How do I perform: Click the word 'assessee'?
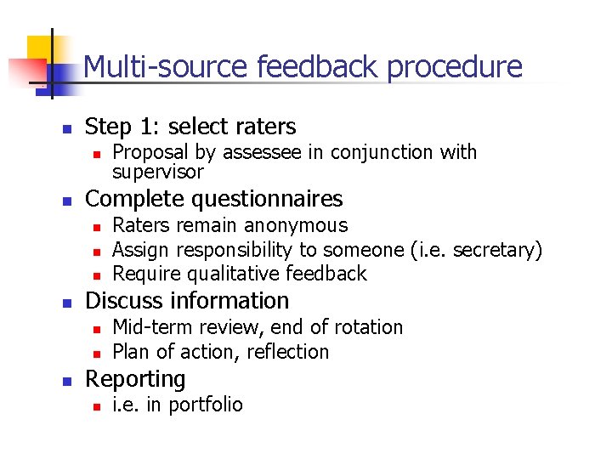click(271, 153)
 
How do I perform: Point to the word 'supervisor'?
click(158, 172)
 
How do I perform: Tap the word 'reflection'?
click(287, 352)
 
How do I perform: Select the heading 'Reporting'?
click(135, 379)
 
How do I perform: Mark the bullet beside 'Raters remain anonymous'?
click(98, 227)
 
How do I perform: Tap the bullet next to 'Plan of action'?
click(98, 354)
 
